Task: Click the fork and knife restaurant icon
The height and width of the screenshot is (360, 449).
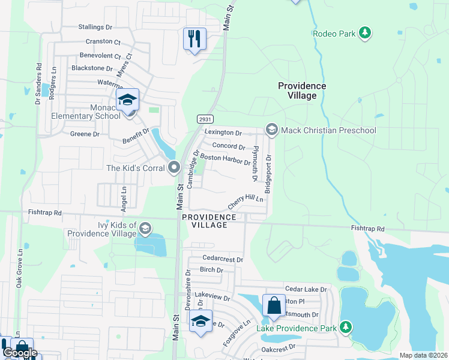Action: [194, 39]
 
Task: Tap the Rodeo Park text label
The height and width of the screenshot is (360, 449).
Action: [334, 33]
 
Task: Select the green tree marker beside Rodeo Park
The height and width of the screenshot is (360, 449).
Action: [364, 32]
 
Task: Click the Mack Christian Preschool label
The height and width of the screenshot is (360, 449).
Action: [328, 130]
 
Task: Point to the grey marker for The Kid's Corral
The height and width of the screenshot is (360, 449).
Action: [174, 167]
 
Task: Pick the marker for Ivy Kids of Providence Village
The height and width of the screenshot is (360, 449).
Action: [145, 229]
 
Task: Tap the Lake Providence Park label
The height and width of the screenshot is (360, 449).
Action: [297, 328]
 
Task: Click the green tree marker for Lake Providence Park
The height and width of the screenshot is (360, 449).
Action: [345, 327]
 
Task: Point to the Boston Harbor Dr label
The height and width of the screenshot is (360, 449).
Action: [224, 159]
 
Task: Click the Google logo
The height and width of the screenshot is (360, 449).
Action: [20, 352]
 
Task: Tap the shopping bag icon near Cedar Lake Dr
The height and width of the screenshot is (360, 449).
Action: [274, 305]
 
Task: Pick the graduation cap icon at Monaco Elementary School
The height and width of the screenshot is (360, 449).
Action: [127, 100]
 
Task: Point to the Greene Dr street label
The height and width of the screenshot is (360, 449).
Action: [85, 134]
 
